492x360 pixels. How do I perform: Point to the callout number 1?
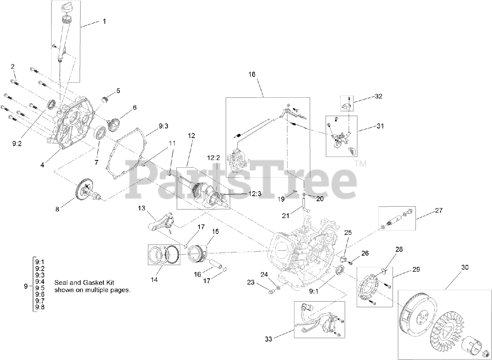pyautogui.click(x=103, y=22)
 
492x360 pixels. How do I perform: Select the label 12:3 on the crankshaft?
pyautogui.click(x=255, y=194)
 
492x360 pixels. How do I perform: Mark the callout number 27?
pyautogui.click(x=439, y=210)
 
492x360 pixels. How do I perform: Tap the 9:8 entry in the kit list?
pyautogui.click(x=40, y=307)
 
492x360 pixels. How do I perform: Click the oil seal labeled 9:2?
pyautogui.click(x=51, y=104)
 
